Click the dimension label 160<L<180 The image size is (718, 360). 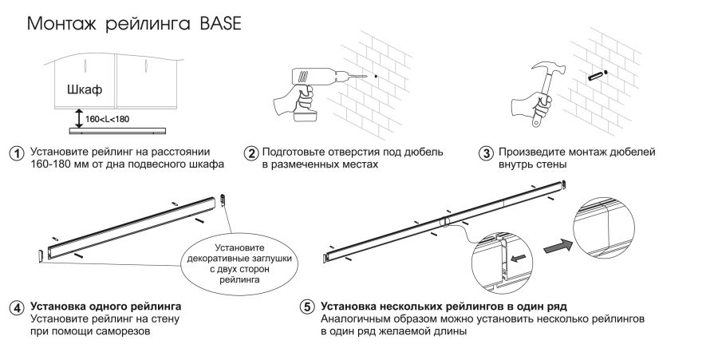(108, 118)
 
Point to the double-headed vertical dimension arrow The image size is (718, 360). (77, 118)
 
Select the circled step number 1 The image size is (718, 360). (15, 152)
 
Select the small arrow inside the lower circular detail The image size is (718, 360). (519, 257)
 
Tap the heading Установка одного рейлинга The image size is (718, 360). (105, 307)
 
